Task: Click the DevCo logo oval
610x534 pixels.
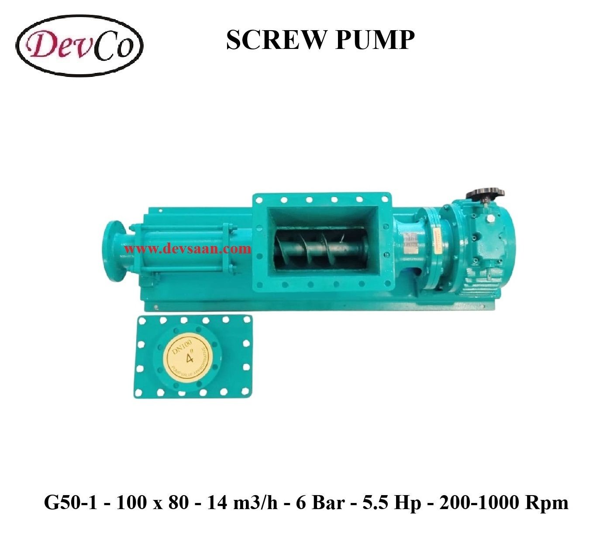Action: [80, 45]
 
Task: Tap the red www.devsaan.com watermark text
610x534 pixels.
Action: [188, 249]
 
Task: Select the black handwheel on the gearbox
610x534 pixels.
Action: [485, 194]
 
